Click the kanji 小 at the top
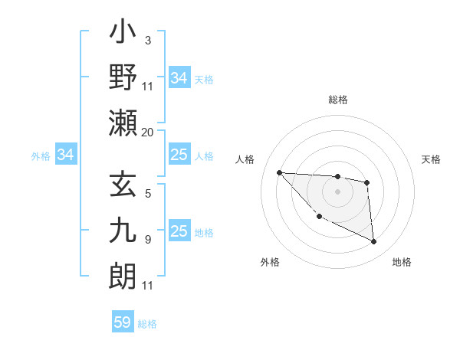(123, 35)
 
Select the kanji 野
(123, 79)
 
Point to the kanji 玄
(123, 187)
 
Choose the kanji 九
(123, 231)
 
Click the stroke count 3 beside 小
(147, 41)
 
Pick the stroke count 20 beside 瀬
(147, 132)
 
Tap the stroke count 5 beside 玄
(147, 195)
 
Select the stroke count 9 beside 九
(147, 240)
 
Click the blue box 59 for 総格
(123, 322)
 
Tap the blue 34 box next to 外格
(65, 155)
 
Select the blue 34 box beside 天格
(179, 78)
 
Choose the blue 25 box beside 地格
(179, 231)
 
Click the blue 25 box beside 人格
(179, 155)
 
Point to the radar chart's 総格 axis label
(337, 100)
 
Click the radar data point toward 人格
(279, 172)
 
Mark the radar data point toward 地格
(374, 242)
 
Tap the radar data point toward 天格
(367, 182)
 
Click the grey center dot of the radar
(337, 191)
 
